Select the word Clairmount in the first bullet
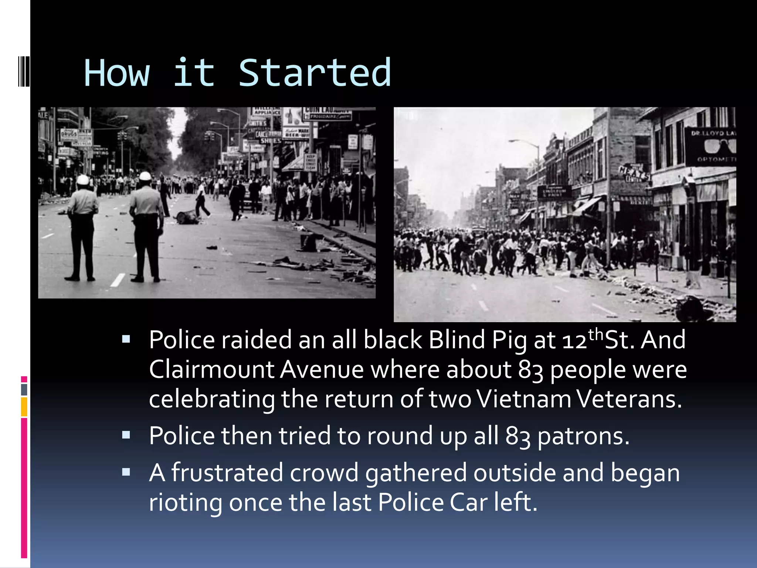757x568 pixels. tap(211, 369)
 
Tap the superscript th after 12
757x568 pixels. tap(596, 334)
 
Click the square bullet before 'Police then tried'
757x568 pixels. tap(126, 435)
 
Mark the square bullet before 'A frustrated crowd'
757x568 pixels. tap(126, 472)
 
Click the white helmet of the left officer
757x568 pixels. tap(83, 180)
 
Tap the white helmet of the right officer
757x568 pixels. tap(145, 176)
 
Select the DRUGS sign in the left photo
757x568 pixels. tap(68, 133)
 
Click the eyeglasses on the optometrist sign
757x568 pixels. tap(719, 146)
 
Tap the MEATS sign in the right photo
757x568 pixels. tap(634, 173)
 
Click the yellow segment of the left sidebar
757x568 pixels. tap(24, 407)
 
